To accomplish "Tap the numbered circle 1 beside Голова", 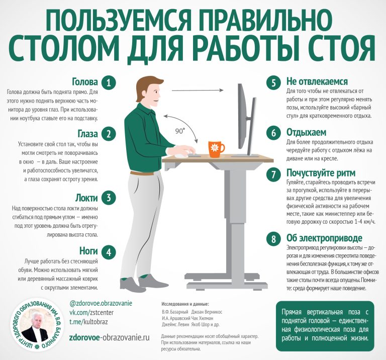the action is click(109, 82).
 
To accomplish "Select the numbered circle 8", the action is click(273, 239).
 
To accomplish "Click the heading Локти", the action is click(86, 198).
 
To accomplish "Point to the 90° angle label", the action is click(180, 131).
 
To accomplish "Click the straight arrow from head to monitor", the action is click(198, 91).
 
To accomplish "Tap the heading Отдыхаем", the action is click(306, 132).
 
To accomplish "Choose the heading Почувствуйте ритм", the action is click(321, 173).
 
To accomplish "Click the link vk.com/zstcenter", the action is click(91, 312).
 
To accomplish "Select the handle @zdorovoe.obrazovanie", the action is click(101, 303).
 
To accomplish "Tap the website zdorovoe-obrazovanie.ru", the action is click(110, 337).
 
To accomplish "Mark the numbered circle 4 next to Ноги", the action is click(109, 252).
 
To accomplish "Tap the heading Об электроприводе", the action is click(324, 238).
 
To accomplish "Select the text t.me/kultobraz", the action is click(88, 322).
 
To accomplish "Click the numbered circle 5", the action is click(273, 82).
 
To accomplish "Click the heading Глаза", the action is click(88, 134).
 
